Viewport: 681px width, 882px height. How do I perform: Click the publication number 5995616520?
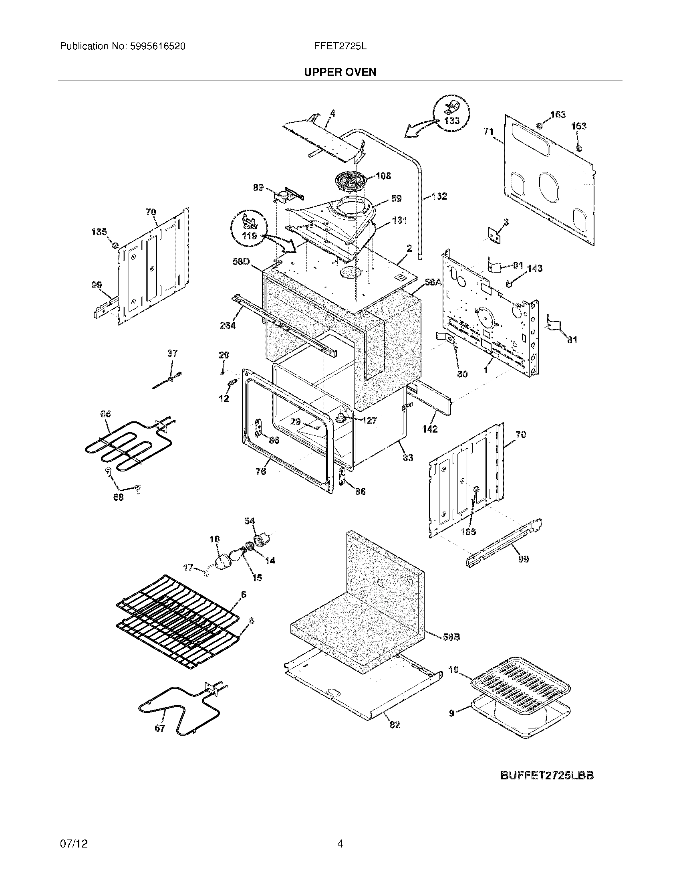(x=157, y=47)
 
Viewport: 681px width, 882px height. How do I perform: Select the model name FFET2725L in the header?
(x=340, y=47)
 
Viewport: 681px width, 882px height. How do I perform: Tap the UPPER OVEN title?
(x=340, y=72)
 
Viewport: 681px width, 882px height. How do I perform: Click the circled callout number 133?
(x=452, y=120)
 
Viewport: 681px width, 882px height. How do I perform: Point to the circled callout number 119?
(x=250, y=236)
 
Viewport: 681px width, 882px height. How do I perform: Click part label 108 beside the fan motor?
(x=383, y=176)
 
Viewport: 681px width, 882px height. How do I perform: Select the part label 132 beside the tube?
(x=439, y=196)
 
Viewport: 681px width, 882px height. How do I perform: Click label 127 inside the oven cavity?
(x=369, y=421)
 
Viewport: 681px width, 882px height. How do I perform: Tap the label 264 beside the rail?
(x=228, y=325)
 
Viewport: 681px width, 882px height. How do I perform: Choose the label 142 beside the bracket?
(x=430, y=429)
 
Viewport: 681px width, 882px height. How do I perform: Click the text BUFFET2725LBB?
(x=547, y=775)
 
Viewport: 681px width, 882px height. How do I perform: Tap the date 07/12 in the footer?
(x=73, y=844)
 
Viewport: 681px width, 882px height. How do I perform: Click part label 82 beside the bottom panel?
(x=394, y=724)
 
